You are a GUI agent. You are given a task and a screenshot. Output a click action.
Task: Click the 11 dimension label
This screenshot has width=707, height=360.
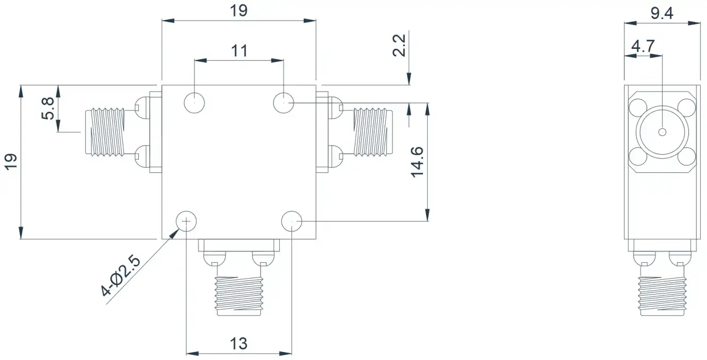pos(239,51)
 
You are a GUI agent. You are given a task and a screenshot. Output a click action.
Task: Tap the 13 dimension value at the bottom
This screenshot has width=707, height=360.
pos(238,344)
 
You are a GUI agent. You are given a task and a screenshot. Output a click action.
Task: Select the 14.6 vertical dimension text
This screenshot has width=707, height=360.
pos(417,162)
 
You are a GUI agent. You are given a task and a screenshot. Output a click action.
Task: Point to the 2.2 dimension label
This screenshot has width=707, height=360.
pos(398,45)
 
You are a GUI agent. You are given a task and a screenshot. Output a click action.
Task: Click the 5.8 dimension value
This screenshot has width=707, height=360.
pos(48,108)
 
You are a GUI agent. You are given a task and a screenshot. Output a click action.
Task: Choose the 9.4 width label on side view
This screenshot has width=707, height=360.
pos(662,13)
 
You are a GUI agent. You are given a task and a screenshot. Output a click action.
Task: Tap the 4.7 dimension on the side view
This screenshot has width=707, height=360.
pos(643,46)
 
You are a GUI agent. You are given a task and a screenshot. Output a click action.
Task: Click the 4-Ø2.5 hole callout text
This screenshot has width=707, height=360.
pos(120,276)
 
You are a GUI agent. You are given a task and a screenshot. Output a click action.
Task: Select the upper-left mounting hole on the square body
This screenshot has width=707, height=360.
pos(194,103)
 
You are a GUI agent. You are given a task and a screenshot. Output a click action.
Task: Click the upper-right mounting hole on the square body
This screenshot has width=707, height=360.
pos(284,103)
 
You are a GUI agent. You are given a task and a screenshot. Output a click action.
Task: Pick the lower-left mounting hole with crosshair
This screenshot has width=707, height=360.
pos(186,222)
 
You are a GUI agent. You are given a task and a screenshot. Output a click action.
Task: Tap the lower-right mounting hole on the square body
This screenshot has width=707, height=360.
pos(292,222)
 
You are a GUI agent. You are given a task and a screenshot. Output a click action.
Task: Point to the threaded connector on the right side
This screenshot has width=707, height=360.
pos(373,132)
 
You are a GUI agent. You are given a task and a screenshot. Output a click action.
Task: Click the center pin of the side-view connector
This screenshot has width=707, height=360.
pos(662,132)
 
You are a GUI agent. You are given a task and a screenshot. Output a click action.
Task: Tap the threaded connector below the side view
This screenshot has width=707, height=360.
pos(662,296)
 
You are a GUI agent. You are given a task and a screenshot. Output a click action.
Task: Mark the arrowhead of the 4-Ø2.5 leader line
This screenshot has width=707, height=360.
pos(174,234)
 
